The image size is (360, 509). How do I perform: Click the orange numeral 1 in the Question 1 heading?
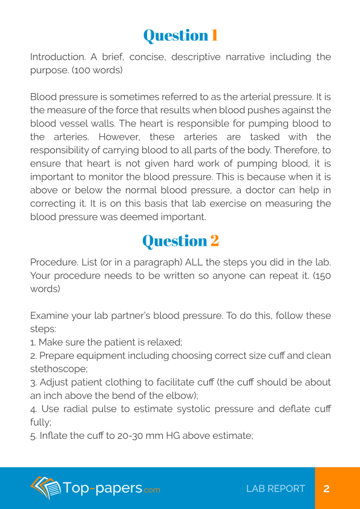click(214, 36)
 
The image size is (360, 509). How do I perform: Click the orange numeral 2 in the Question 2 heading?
click(214, 241)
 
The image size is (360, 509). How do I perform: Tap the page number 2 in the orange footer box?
click(327, 488)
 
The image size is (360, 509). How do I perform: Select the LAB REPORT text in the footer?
click(275, 488)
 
